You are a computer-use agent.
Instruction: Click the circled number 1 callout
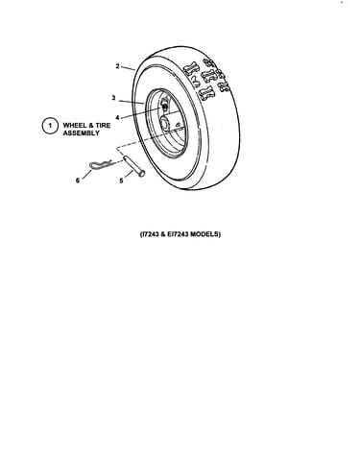click(x=50, y=126)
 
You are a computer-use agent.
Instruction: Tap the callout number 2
click(x=117, y=66)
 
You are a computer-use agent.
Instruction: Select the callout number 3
click(x=113, y=98)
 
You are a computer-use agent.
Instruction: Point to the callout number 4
click(x=117, y=118)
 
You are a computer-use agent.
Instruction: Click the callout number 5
click(x=121, y=181)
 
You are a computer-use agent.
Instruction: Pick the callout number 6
click(x=78, y=180)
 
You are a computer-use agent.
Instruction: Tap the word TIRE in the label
click(x=103, y=125)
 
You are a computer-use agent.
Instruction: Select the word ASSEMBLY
click(x=82, y=133)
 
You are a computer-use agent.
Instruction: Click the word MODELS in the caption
click(x=205, y=234)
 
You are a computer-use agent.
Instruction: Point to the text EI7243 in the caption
click(x=178, y=234)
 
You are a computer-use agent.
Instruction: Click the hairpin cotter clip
click(x=100, y=165)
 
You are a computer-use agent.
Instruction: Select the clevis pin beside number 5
click(x=132, y=166)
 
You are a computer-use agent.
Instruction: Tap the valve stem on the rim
click(x=164, y=105)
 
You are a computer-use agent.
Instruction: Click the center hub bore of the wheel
click(x=165, y=123)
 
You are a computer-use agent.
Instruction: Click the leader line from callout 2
click(x=129, y=68)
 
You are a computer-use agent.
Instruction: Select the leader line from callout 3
click(x=132, y=102)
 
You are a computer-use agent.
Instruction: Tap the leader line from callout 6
click(x=86, y=175)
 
